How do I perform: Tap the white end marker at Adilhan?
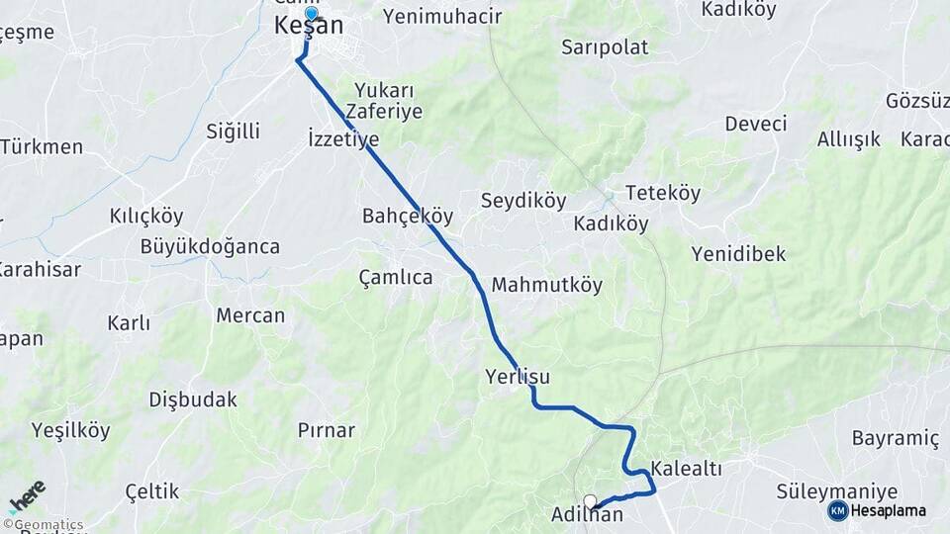[x=591, y=501]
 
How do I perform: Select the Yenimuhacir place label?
[x=442, y=16]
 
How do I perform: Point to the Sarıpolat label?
[x=605, y=46]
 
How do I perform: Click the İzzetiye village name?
[x=343, y=138]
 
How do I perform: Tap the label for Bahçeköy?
[x=408, y=216]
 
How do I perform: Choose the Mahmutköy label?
[x=547, y=285]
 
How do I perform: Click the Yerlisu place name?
[x=518, y=377]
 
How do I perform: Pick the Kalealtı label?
[x=687, y=469]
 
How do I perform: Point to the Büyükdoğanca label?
[x=210, y=246]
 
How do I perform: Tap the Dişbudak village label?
[x=193, y=400]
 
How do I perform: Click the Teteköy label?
[x=663, y=194]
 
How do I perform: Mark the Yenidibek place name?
[x=738, y=254]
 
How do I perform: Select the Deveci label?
[x=756, y=124]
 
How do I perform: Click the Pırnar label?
[x=327, y=430]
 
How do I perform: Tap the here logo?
[x=27, y=496]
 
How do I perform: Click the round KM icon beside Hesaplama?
[x=838, y=510]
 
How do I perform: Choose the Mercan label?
[x=250, y=316]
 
